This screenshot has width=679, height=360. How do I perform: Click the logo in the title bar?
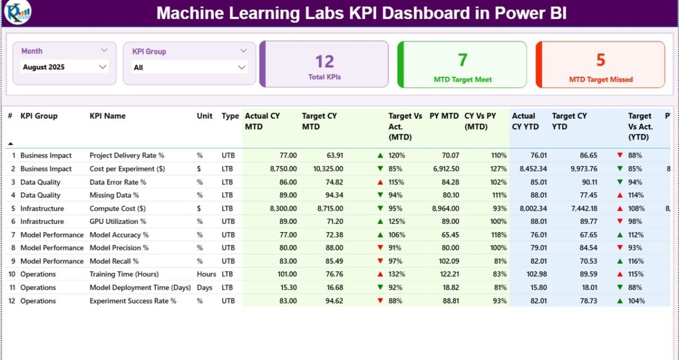[17, 13]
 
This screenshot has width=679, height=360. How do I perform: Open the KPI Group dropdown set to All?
[189, 68]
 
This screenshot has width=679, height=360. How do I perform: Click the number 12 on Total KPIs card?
[324, 61]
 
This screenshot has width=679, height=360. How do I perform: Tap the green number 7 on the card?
[462, 59]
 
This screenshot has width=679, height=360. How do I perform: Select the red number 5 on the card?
[600, 59]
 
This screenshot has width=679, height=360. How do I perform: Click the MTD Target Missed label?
[600, 80]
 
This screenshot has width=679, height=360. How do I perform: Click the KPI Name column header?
[108, 116]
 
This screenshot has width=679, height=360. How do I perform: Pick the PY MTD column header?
[444, 116]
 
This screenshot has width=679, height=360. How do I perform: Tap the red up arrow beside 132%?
[380, 275]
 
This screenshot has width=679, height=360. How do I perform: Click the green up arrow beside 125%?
[380, 222]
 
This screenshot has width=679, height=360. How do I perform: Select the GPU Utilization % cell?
[117, 221]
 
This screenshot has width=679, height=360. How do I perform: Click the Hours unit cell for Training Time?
[206, 274]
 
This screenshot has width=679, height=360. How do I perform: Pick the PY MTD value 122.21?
[447, 274]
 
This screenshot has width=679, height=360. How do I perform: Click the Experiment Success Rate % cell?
[132, 301]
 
